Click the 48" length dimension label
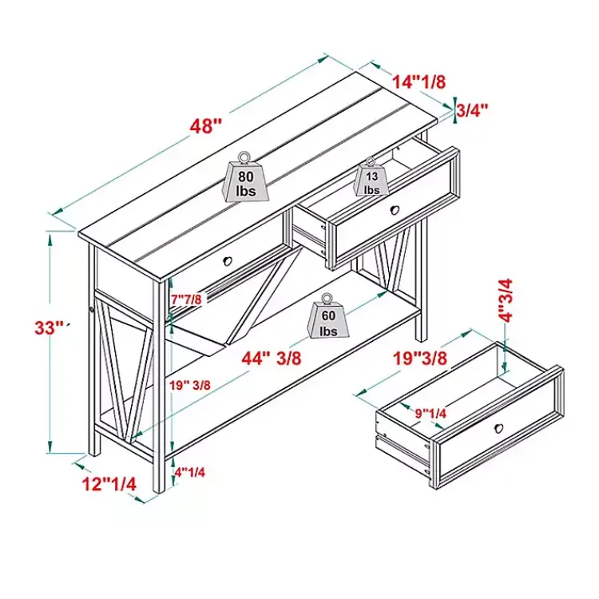(206, 125)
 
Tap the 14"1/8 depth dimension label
(419, 81)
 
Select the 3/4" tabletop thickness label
(473, 110)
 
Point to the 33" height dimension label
(50, 327)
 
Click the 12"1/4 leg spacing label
(109, 485)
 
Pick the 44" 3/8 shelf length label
(272, 359)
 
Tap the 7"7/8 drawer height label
(185, 299)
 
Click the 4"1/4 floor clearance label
(190, 472)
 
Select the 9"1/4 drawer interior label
(431, 413)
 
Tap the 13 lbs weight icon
(371, 177)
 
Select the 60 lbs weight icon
(328, 316)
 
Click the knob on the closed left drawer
(228, 261)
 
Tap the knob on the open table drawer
(395, 209)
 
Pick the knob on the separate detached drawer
(498, 428)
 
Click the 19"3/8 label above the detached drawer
(420, 359)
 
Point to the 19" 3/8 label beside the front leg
(190, 385)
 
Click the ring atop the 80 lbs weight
(244, 157)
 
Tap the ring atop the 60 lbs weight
(327, 299)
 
